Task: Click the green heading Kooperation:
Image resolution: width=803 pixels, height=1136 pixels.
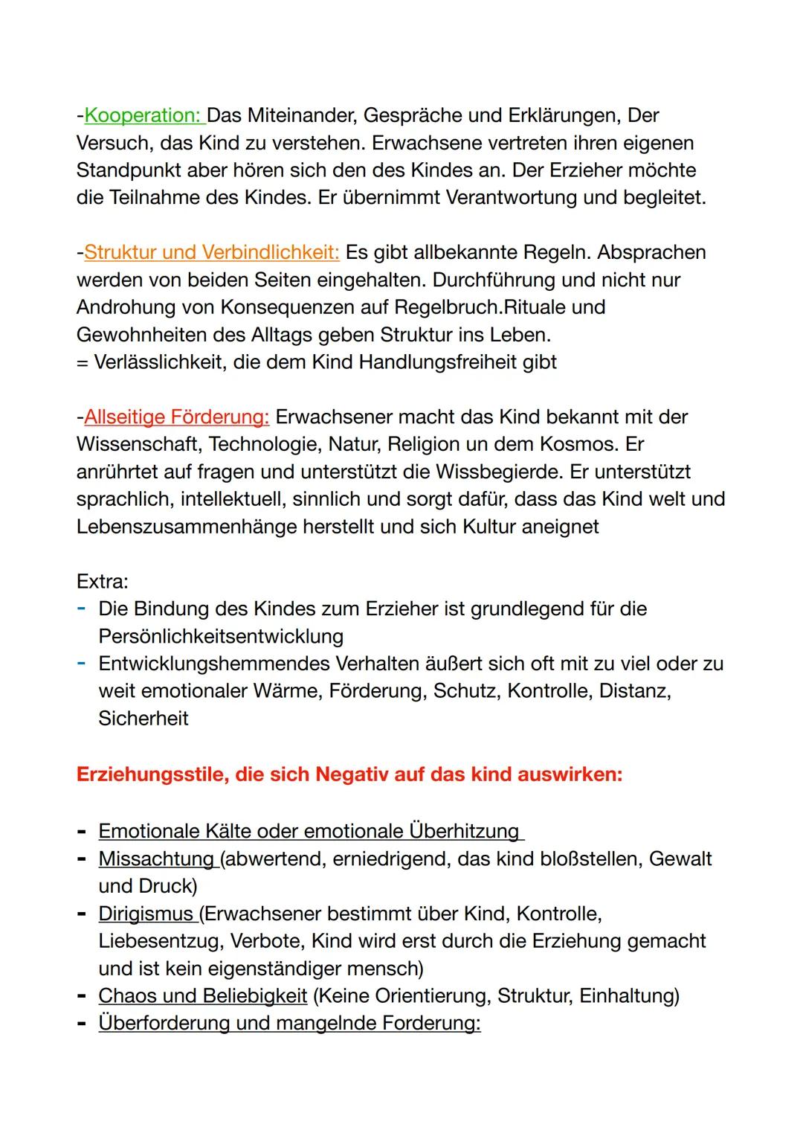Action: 142,115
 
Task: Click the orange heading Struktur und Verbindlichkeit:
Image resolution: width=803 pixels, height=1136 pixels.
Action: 212,252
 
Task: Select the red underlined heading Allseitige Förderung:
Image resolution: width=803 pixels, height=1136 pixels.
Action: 176,417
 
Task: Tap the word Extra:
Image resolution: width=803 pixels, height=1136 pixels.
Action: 103,581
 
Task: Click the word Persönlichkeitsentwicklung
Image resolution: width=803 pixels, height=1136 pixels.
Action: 221,636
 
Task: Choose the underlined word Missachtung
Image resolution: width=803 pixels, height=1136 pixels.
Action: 156,859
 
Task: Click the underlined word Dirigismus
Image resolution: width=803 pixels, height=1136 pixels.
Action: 146,914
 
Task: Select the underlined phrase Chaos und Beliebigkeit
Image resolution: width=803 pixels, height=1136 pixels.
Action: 202,995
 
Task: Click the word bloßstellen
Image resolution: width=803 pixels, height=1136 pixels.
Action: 580,859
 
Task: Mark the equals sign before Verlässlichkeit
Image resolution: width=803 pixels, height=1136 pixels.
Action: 82,362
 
